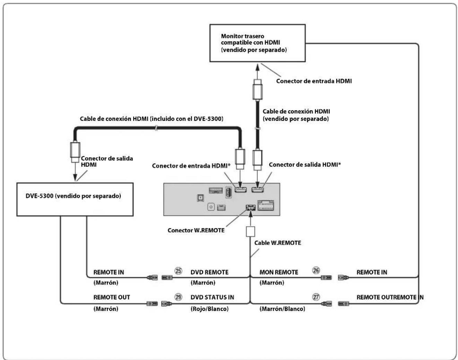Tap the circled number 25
(178, 271)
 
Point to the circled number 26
(316, 270)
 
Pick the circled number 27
(316, 297)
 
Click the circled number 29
(178, 297)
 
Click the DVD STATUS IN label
(212, 297)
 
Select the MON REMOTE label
(279, 272)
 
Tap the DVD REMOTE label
(209, 272)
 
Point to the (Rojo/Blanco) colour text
(209, 309)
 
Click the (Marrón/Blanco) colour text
(282, 309)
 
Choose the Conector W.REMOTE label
(196, 230)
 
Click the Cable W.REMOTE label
(278, 243)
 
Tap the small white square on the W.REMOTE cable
(250, 231)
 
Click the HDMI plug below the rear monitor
(257, 90)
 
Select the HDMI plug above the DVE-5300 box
(75, 152)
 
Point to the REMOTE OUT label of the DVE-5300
(112, 297)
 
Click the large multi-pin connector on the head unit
(266, 205)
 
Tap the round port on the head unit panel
(211, 207)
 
